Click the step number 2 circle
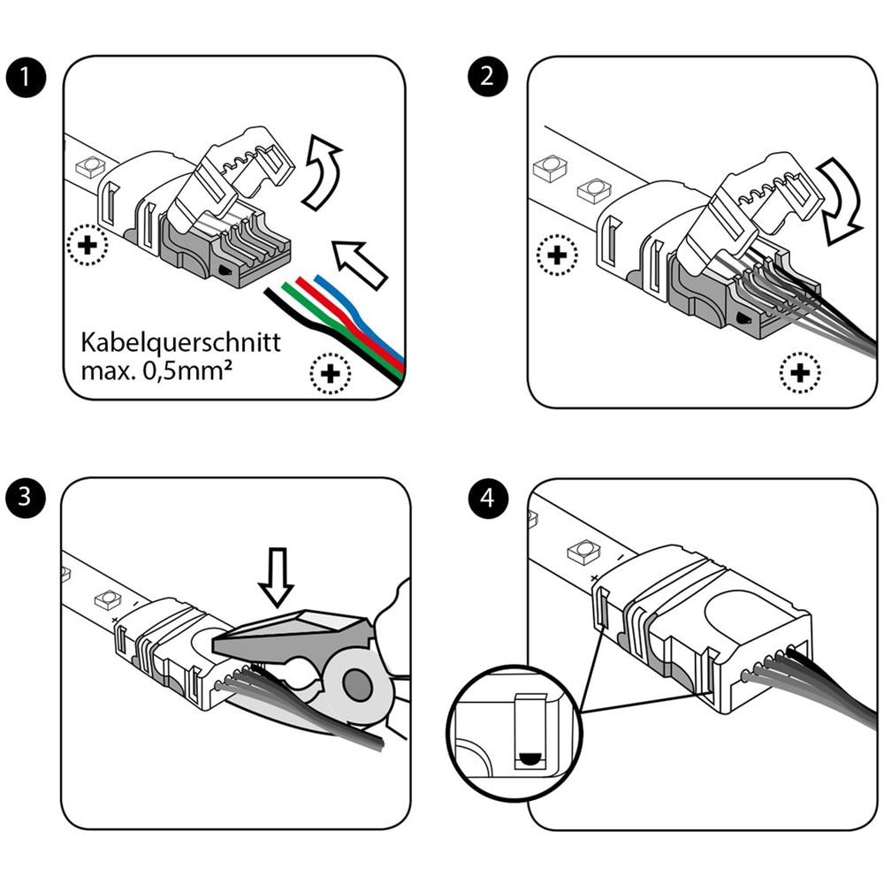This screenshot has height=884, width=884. click(x=487, y=77)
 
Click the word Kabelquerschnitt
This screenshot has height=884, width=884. click(x=180, y=342)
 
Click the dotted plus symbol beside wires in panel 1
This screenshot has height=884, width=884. click(x=331, y=375)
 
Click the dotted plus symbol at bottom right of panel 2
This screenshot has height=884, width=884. click(x=800, y=374)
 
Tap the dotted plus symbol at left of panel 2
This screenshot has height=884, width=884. click(x=557, y=256)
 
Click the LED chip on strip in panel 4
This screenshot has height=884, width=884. click(x=583, y=553)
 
